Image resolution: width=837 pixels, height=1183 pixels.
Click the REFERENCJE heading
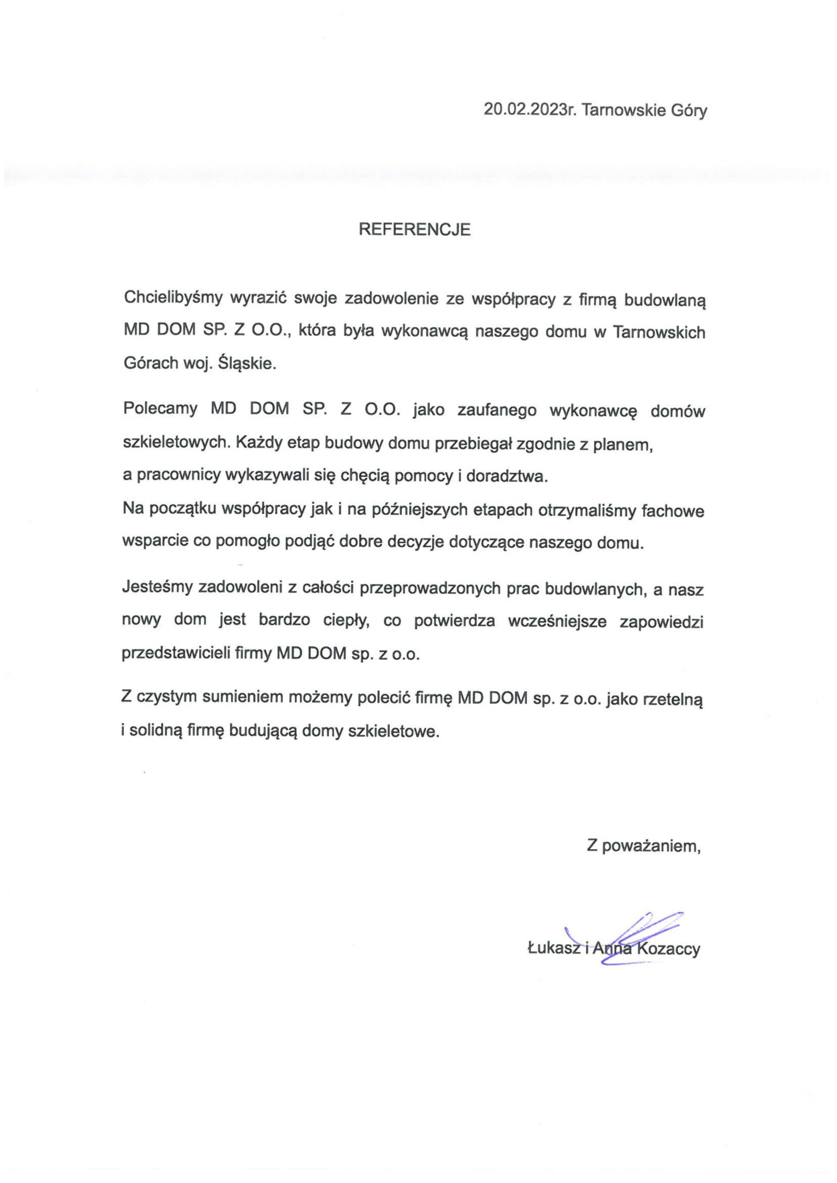point(415,229)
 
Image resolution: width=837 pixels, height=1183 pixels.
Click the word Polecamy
point(160,409)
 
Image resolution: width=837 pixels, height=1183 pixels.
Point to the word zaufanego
point(489,411)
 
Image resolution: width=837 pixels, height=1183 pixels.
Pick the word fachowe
point(672,511)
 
